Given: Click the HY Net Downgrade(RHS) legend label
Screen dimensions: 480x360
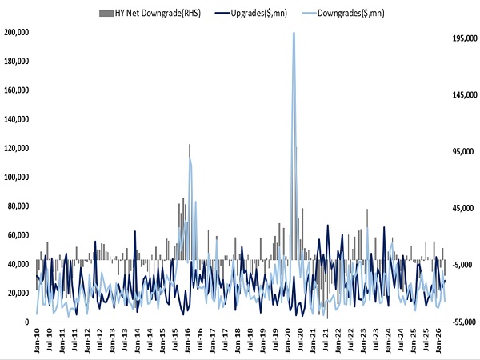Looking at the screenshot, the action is pyautogui.click(x=158, y=13).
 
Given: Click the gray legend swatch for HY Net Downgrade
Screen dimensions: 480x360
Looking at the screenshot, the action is pyautogui.click(x=106, y=14).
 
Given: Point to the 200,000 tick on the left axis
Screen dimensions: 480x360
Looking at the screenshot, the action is pyautogui.click(x=17, y=32).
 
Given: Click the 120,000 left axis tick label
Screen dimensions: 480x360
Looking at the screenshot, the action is pyautogui.click(x=17, y=148).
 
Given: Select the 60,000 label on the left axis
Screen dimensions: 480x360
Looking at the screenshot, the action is pyautogui.click(x=18, y=235).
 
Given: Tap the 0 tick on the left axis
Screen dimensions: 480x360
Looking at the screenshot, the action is pyautogui.click(x=27, y=322).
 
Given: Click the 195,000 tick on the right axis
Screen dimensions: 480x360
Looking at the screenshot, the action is pyautogui.click(x=465, y=38).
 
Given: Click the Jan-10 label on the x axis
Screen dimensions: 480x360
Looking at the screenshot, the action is pyautogui.click(x=37, y=341).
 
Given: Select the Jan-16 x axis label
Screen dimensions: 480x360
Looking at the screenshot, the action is pyautogui.click(x=188, y=341).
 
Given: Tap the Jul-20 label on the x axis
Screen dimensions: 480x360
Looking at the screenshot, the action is pyautogui.click(x=301, y=341).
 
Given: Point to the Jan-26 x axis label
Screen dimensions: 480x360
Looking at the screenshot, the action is pyautogui.click(x=438, y=341).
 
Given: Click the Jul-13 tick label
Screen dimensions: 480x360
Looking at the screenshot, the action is pyautogui.click(x=125, y=341).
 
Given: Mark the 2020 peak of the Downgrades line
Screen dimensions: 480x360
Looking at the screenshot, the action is pyautogui.click(x=294, y=33).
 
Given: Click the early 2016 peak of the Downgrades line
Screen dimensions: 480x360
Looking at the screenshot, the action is pyautogui.click(x=190, y=158).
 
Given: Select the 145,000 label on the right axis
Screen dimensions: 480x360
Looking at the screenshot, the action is pyautogui.click(x=465, y=95).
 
